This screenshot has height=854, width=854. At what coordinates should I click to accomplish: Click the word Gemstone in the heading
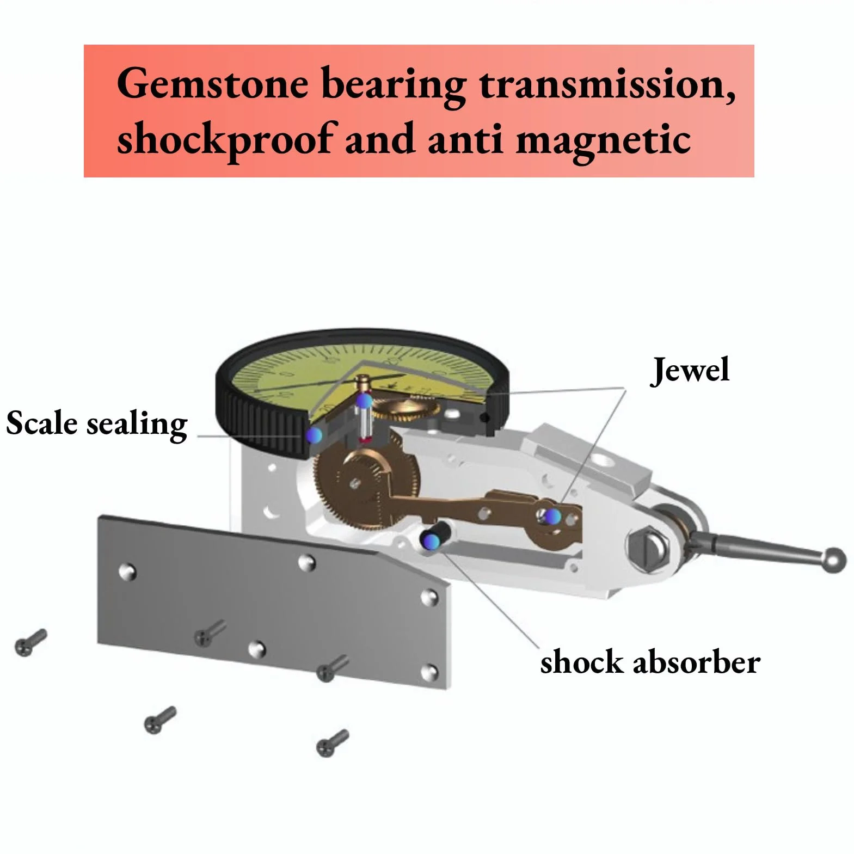click(x=213, y=84)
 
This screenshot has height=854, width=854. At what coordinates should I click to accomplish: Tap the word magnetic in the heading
click(x=603, y=139)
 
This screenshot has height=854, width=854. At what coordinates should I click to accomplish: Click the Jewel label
click(x=690, y=370)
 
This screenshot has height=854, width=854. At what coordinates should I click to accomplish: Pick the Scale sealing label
click(x=97, y=423)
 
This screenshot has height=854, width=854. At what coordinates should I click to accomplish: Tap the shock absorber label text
click(x=650, y=662)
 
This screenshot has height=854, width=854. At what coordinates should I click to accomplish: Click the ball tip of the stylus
click(x=834, y=560)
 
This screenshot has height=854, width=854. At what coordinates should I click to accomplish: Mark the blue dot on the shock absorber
click(x=432, y=540)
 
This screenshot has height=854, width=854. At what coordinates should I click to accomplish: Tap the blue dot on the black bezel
click(x=314, y=434)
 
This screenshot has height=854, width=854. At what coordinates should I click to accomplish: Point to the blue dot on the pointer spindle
click(x=364, y=401)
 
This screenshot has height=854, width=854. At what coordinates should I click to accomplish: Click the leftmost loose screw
click(x=30, y=642)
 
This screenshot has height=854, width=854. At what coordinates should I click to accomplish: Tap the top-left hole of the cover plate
click(x=128, y=572)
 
